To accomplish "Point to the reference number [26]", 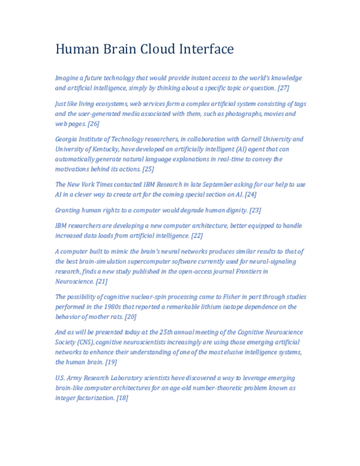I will (94, 124).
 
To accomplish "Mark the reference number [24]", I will (251, 195).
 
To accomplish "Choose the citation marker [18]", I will (122, 398).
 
